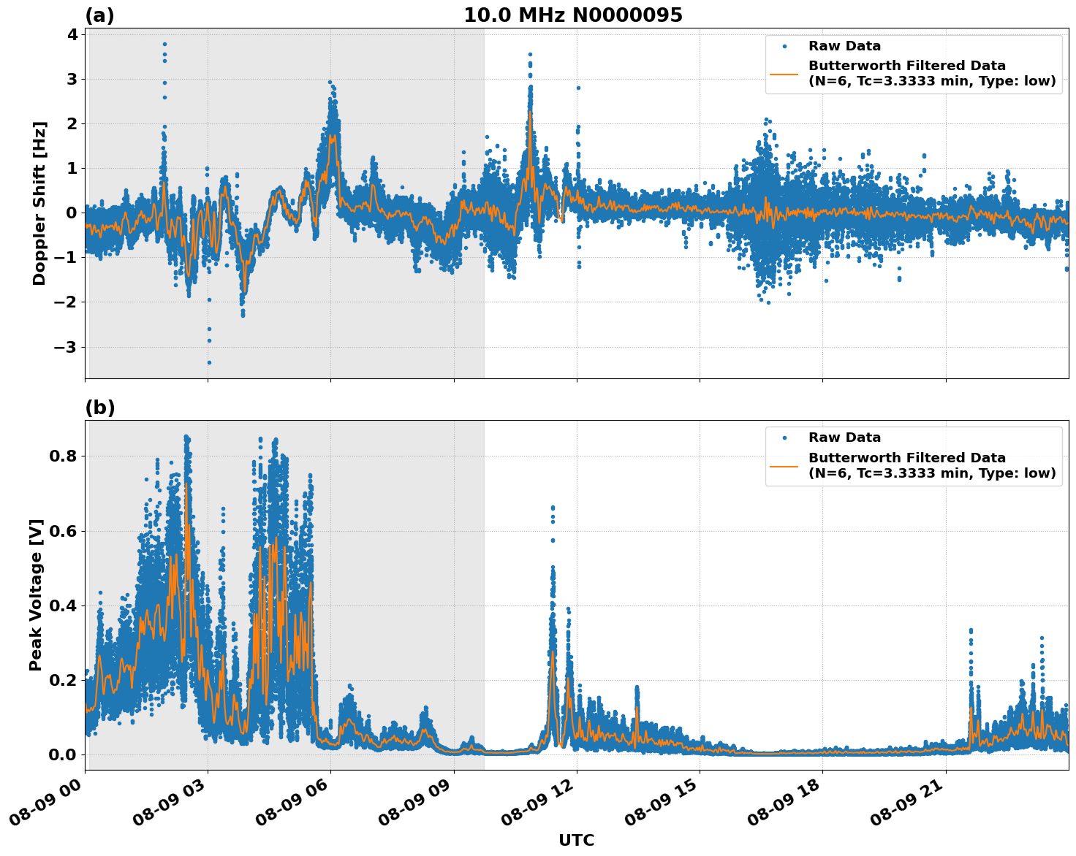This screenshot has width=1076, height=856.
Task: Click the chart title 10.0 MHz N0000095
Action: (573, 15)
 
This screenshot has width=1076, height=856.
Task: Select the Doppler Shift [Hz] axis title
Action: (39, 203)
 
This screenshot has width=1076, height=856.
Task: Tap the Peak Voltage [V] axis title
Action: (37, 595)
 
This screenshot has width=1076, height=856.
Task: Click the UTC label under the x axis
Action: (576, 841)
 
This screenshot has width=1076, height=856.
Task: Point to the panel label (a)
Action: (99, 15)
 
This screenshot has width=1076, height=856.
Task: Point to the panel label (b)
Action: (99, 408)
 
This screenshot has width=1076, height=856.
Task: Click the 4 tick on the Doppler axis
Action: (71, 34)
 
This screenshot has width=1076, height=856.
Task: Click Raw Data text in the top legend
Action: (844, 46)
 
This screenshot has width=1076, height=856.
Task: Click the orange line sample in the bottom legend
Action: (784, 465)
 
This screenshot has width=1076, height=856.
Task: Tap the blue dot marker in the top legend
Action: (784, 46)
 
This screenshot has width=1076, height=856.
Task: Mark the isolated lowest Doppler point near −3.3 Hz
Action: (209, 362)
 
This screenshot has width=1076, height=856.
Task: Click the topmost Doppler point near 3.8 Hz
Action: (164, 44)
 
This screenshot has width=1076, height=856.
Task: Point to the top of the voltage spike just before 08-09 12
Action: (553, 507)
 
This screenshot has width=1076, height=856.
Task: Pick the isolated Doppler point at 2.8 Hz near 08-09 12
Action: (578, 88)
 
